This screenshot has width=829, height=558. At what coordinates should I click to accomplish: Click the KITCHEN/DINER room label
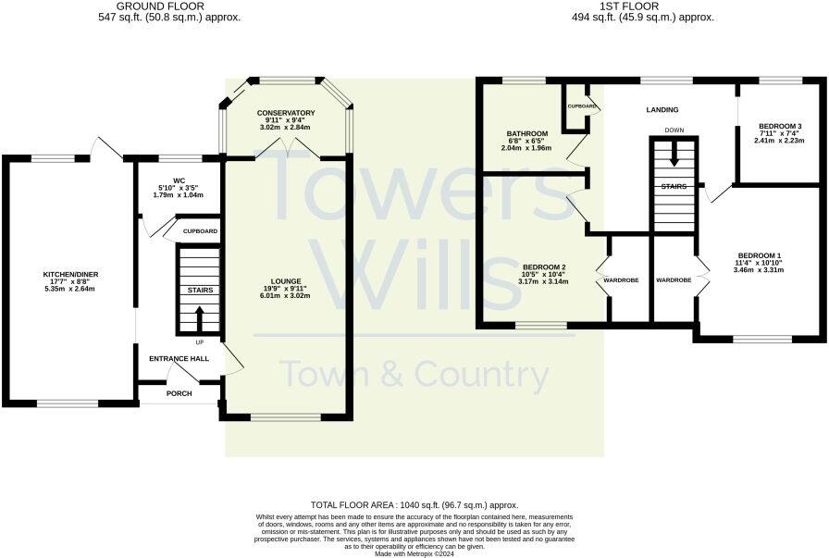pyautogui.click(x=70, y=275)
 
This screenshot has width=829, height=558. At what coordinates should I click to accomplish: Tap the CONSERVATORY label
pyautogui.click(x=286, y=113)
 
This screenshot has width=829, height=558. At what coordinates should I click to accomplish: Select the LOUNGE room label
pyautogui.click(x=286, y=281)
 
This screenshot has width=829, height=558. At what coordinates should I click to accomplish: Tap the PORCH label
pyautogui.click(x=179, y=393)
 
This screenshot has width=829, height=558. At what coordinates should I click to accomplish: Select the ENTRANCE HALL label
pyautogui.click(x=179, y=358)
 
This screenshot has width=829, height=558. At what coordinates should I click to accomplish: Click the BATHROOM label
pyautogui.click(x=526, y=133)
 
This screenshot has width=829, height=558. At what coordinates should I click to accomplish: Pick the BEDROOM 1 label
pyautogui.click(x=759, y=255)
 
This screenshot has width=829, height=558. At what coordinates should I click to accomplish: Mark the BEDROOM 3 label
pyautogui.click(x=779, y=126)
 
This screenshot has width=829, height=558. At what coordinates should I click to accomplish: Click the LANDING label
pyautogui.click(x=662, y=109)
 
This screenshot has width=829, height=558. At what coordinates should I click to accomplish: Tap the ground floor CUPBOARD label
pyautogui.click(x=200, y=230)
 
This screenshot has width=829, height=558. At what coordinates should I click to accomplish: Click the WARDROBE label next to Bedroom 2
pyautogui.click(x=621, y=279)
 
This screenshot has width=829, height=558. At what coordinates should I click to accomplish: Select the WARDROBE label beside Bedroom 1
pyautogui.click(x=674, y=279)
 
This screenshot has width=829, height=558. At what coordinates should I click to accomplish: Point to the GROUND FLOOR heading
pyautogui.click(x=174, y=6)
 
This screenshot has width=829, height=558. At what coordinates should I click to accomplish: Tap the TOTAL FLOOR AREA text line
pyautogui.click(x=414, y=504)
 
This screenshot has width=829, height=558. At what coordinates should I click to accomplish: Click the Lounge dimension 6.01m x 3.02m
pyautogui.click(x=286, y=296)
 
